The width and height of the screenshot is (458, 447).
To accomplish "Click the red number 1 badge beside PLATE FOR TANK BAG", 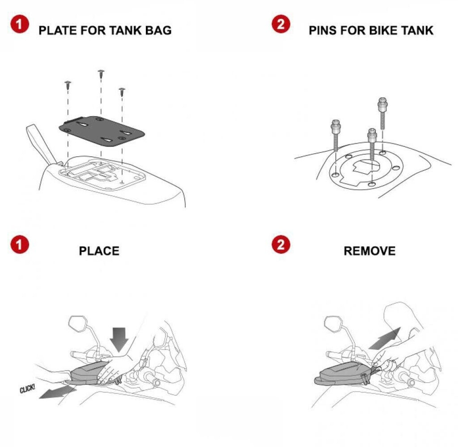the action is click(20, 24).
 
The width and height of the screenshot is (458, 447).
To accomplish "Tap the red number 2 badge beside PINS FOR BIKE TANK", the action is click(281, 24).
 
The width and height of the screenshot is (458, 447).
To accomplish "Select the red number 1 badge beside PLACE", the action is click(20, 244).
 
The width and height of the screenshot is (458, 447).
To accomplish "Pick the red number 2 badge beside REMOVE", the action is click(281, 244).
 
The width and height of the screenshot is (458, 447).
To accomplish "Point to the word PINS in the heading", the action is click(323, 30).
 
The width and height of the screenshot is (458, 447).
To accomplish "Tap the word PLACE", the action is click(99, 251).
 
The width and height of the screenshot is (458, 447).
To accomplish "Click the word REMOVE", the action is click(369, 251).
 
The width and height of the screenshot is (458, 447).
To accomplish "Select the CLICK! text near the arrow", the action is click(27, 389).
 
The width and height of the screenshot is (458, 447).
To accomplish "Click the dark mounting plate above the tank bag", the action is click(102, 131).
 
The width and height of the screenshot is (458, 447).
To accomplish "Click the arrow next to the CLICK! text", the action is click(57, 391).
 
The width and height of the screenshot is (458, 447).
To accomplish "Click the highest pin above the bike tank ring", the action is click(382, 114).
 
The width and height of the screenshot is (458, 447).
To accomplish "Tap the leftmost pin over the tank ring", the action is click(335, 135).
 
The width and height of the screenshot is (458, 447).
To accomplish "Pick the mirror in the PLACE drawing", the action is click(78, 323).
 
